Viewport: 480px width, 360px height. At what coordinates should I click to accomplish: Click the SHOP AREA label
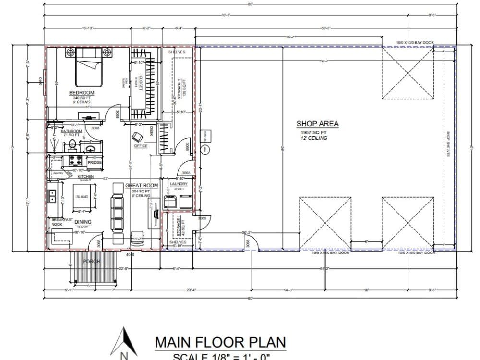(317, 124)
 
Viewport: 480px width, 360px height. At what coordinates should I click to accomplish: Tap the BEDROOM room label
(82, 93)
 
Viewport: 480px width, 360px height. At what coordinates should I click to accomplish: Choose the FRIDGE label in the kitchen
(95, 162)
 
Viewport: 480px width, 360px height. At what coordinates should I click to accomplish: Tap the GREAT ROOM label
(142, 185)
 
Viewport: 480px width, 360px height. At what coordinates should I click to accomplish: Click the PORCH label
(91, 262)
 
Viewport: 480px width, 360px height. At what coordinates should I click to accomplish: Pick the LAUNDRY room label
(179, 184)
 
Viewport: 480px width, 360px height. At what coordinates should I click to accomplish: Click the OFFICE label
(141, 146)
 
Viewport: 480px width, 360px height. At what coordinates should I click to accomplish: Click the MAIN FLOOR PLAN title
(220, 342)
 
